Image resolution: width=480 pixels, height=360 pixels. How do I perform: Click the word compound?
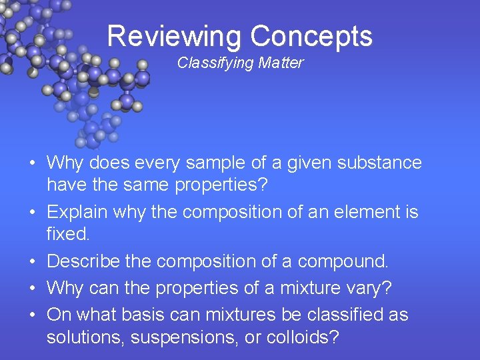pyautogui.click(x=343, y=261)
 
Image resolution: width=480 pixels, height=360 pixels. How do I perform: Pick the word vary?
pyautogui.click(x=371, y=288)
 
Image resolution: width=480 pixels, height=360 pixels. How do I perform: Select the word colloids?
pyautogui.click(x=303, y=338)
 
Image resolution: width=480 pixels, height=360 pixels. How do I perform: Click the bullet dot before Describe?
pyautogui.click(x=32, y=262)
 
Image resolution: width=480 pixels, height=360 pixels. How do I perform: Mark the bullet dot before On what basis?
pyautogui.click(x=32, y=315)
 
